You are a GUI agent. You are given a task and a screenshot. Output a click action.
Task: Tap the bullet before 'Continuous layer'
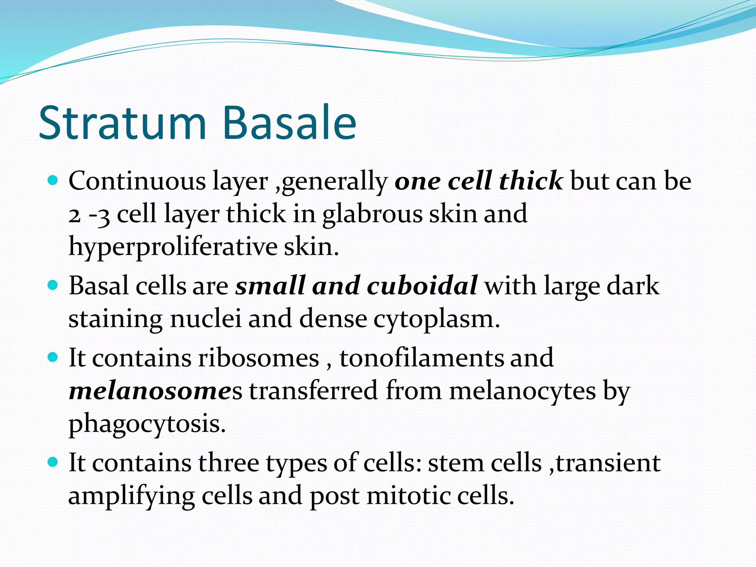(x=54, y=181)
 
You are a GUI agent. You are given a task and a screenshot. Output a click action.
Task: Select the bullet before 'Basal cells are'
(x=54, y=285)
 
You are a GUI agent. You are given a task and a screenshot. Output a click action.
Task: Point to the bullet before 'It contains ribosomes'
(x=54, y=357)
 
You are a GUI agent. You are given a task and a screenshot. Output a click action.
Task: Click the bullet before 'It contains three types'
(x=54, y=462)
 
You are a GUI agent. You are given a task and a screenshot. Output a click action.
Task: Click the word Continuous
(x=137, y=181)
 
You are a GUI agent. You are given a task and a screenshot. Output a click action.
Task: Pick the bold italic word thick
(x=530, y=181)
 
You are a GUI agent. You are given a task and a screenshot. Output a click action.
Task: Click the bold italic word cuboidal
(x=422, y=286)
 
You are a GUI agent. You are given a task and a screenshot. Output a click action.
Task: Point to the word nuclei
(x=206, y=319)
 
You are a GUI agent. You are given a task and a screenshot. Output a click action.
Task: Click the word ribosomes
(x=258, y=358)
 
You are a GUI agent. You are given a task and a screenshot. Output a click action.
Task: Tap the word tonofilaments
(x=421, y=358)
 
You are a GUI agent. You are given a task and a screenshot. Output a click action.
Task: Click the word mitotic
(x=408, y=496)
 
